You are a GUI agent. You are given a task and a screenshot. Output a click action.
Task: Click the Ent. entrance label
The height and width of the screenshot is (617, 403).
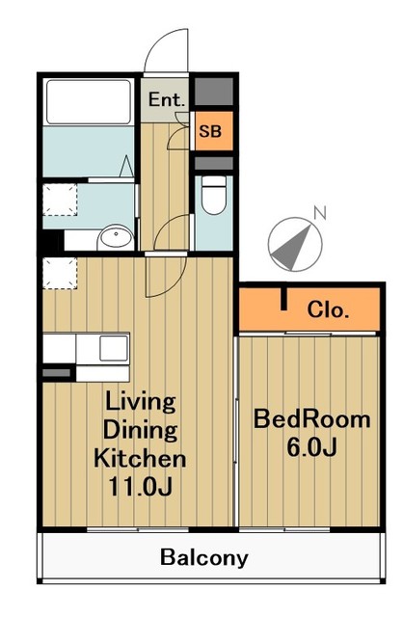167,99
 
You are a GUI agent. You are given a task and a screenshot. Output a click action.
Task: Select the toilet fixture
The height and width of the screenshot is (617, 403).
214,195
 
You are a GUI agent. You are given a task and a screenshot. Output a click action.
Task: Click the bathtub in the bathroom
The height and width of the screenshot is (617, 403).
89,102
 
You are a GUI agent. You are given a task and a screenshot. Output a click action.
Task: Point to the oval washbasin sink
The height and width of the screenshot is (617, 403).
116,236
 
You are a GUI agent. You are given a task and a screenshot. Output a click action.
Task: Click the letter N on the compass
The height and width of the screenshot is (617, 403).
320,212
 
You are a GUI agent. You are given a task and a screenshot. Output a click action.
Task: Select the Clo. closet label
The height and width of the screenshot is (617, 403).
328,310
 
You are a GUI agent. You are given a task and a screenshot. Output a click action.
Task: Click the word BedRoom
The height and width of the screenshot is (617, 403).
311,419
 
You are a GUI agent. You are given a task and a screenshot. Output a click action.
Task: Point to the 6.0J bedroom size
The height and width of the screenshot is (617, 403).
311,447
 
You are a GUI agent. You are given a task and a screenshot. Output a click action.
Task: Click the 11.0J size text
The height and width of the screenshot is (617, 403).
141,486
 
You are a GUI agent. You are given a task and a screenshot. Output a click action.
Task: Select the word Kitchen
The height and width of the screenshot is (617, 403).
140,458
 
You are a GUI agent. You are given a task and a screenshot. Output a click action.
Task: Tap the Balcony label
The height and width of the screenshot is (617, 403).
203,558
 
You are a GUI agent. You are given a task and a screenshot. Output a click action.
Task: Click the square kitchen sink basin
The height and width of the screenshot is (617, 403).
114,348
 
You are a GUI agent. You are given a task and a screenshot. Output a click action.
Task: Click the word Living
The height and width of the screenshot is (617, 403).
141,403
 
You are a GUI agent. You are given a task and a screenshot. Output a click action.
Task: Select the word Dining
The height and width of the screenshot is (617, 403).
140,431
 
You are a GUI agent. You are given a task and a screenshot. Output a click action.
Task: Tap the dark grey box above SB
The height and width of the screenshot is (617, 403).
214,92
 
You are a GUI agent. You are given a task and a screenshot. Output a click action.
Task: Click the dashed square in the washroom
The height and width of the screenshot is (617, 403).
60,200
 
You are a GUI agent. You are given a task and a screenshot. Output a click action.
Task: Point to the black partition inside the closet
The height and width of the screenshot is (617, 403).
282,299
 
